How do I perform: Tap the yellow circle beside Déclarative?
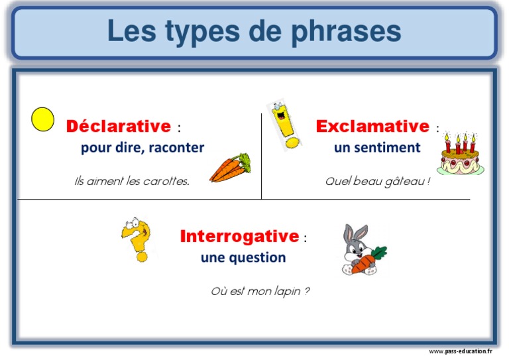43,119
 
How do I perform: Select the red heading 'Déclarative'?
119,126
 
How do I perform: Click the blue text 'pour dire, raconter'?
142,148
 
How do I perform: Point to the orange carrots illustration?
230,168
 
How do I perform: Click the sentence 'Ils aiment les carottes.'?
132,181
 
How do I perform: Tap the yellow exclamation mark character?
283,125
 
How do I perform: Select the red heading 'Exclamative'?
372,126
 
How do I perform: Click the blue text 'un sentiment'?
377,147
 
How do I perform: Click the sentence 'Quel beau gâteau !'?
377,181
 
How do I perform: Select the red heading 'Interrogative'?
239,236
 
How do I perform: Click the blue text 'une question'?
243,257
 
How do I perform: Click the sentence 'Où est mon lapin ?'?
260,291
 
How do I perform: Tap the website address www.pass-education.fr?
461,351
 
